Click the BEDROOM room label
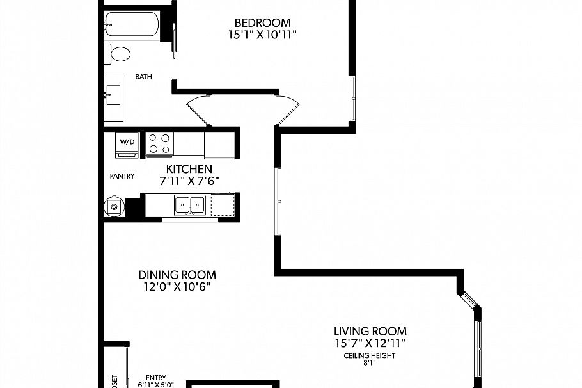pos(262,23)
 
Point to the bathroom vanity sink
pos(114,95)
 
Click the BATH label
pos(144,77)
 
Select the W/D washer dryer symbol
pos(127,144)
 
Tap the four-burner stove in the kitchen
pos(160,143)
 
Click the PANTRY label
pos(122,176)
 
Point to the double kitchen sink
pos(190,205)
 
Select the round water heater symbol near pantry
pos(114,206)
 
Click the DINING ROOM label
pos(177,275)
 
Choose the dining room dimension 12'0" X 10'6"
pos(177,287)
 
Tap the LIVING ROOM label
pos(370,332)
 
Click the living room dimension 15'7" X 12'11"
pos(370,344)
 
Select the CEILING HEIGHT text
pos(370,355)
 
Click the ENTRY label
pos(155,378)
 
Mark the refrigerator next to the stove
pos(219,144)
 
